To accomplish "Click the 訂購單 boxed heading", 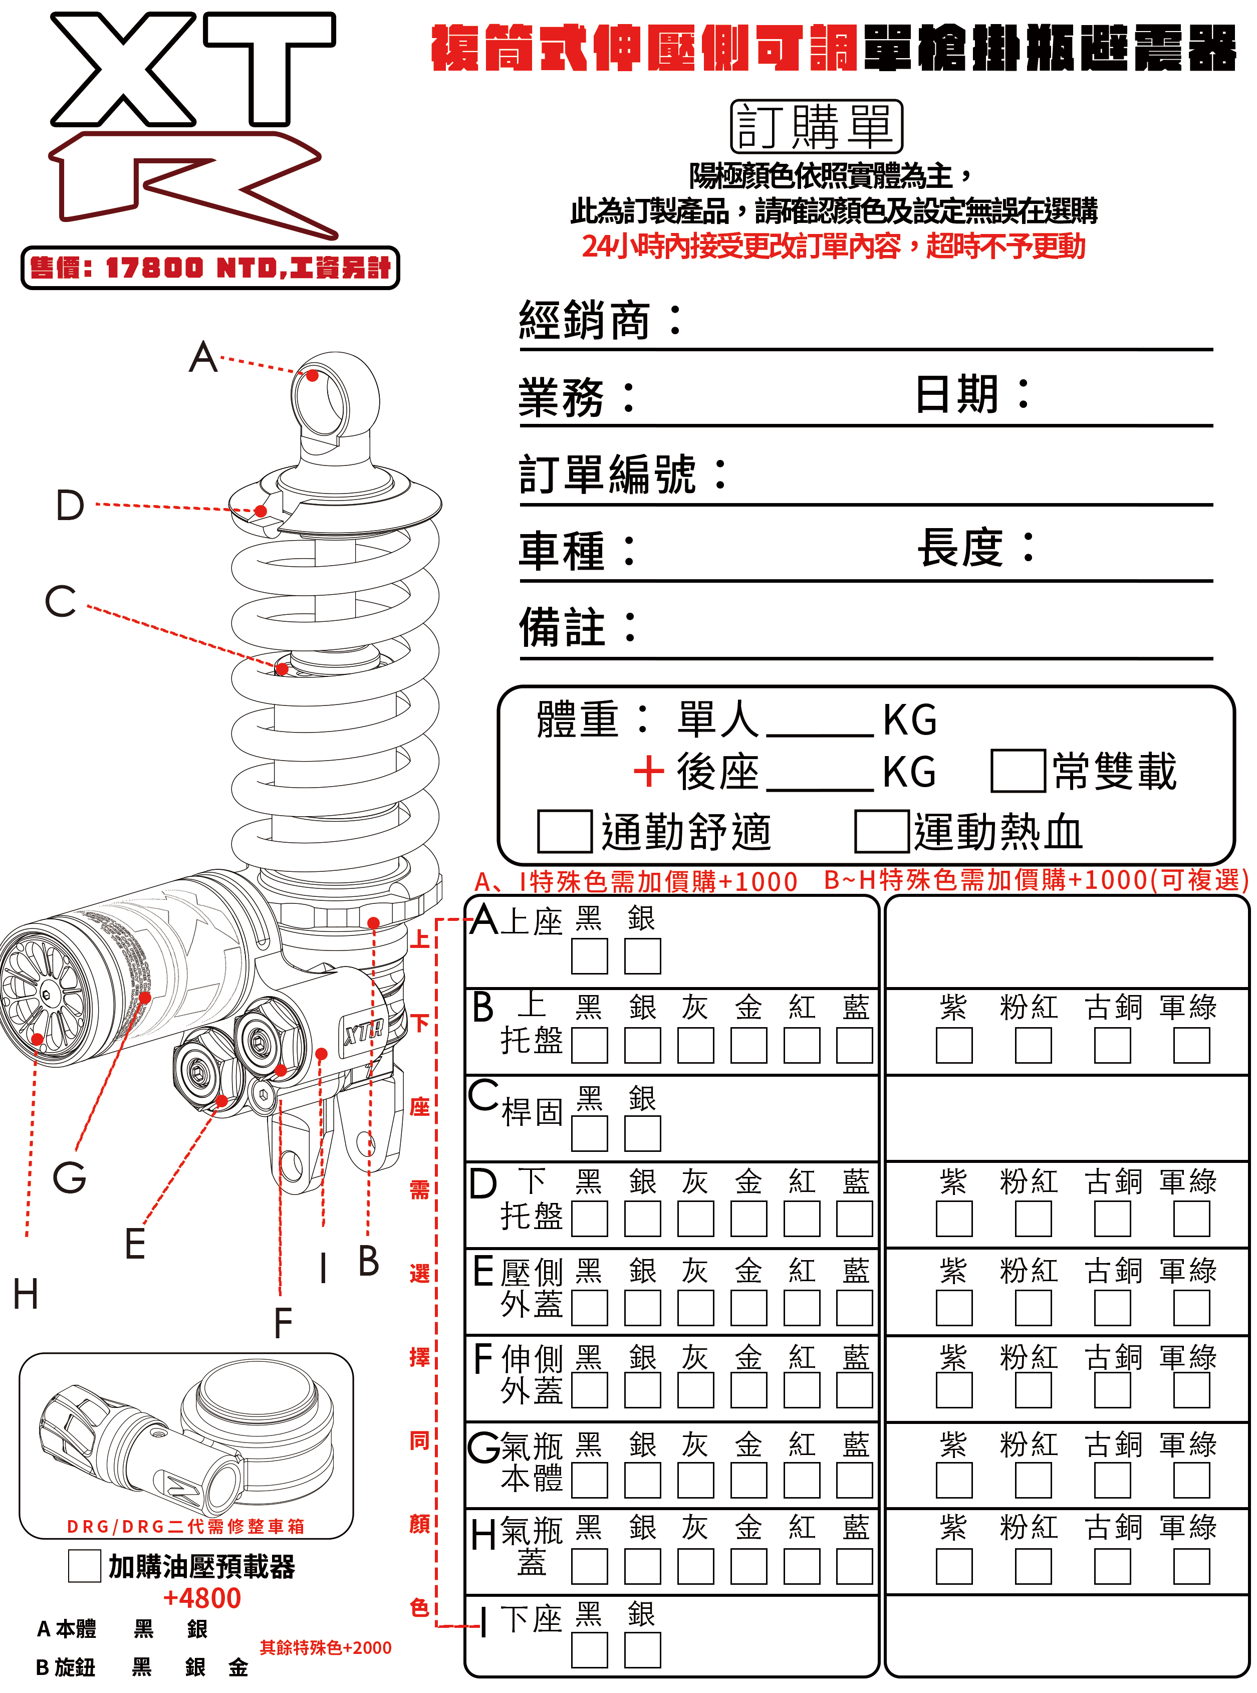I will (816, 126).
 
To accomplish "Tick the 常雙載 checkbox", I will (1018, 771).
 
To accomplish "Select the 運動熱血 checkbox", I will (881, 831).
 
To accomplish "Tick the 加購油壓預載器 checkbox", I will (85, 1566).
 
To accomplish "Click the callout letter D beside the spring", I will (70, 505).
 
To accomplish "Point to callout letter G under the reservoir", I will (69, 1177).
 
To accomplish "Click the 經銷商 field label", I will (584, 320).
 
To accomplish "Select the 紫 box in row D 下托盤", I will (954, 1219).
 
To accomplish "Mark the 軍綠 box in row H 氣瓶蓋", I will (1191, 1567).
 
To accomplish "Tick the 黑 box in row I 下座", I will (590, 1650).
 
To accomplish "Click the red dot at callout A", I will (313, 375).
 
